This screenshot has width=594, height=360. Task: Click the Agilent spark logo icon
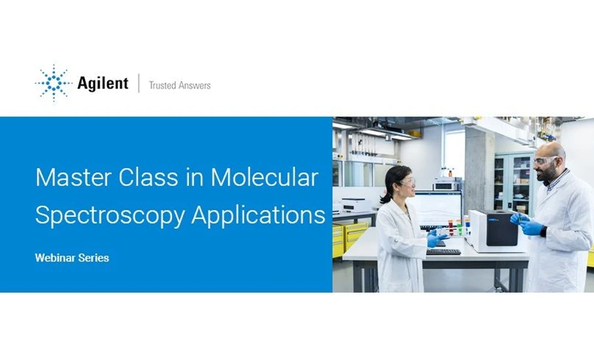click(53, 84)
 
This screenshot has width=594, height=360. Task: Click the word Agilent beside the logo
click(103, 84)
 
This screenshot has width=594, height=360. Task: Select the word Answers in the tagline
click(195, 85)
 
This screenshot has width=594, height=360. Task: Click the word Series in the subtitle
click(94, 258)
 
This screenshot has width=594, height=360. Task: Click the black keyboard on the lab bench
click(442, 252)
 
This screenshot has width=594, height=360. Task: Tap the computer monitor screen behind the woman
click(435, 208)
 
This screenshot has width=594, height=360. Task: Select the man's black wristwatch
click(542, 231)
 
